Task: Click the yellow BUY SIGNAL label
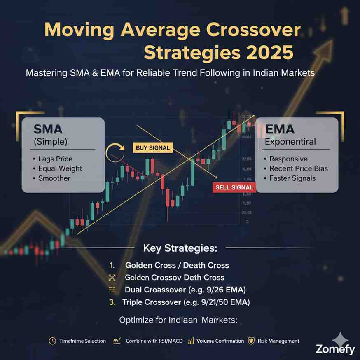coord(152,148)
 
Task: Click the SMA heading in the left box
coord(48,129)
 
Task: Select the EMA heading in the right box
coord(280,129)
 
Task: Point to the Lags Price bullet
coord(56,159)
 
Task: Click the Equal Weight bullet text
coord(60,168)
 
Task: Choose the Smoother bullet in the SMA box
coord(54,178)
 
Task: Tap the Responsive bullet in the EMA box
coord(288,159)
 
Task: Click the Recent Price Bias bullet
coord(298,168)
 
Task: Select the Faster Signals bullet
coord(292,178)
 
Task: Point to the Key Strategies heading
coord(180,248)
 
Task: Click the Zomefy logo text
coord(335,350)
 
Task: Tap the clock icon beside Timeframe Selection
coord(52,341)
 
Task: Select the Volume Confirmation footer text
coord(215,341)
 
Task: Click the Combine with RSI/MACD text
coord(152,341)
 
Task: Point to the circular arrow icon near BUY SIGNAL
coord(115,152)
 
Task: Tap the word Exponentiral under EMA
coord(290,142)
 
